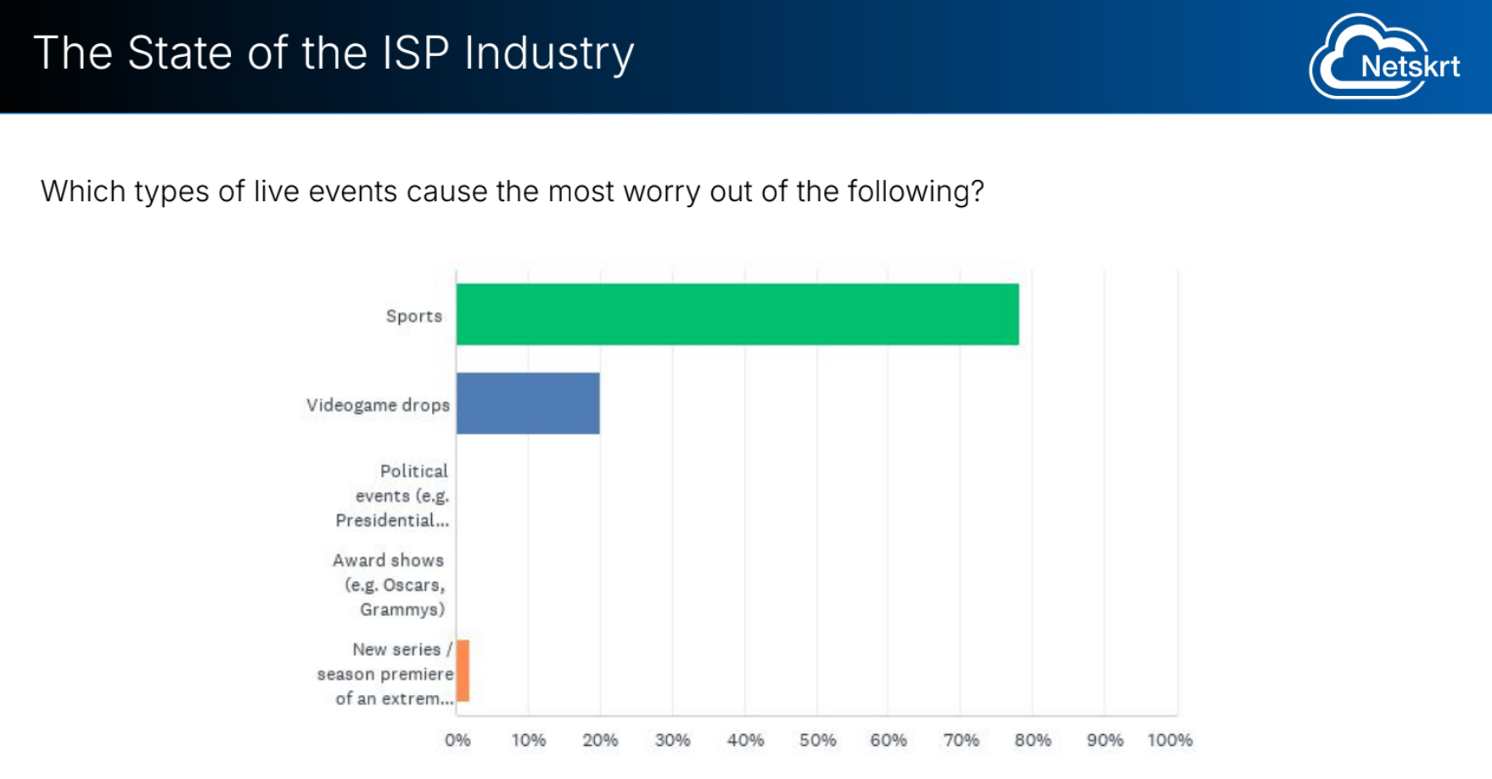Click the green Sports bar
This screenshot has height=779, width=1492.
[737, 315]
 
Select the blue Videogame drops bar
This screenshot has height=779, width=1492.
[528, 404]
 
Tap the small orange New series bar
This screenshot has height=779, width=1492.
[463, 671]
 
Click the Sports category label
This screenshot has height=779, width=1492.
[413, 316]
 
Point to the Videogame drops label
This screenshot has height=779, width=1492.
[378, 405]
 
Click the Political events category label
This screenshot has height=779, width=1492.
[392, 496]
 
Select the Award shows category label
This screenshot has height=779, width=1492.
[389, 585]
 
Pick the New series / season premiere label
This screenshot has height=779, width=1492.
[386, 674]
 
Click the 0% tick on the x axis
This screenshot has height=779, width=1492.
[457, 740]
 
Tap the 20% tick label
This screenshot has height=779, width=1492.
[600, 740]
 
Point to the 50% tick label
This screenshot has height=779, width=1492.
[817, 740]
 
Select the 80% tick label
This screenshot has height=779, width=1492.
[1033, 740]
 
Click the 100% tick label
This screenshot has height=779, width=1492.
[1169, 740]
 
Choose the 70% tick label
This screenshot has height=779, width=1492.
[961, 740]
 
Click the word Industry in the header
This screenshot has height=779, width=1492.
[549, 53]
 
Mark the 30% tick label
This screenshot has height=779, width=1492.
[672, 740]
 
